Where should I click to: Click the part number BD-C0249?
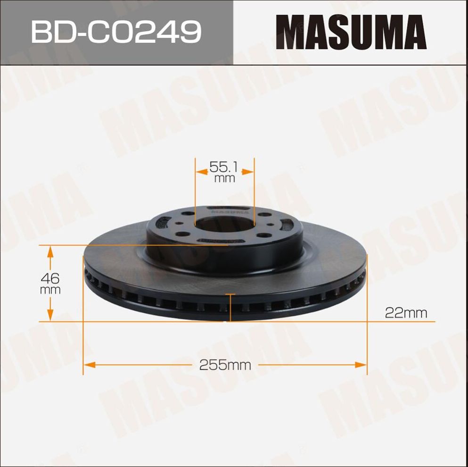click(x=116, y=32)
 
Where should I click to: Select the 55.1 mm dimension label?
click(x=224, y=171)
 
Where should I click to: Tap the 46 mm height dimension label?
click(x=50, y=283)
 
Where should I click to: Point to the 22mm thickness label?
click(x=406, y=312)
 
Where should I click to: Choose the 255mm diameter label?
click(x=225, y=365)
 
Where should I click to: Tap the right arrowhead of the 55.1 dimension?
click(x=248, y=172)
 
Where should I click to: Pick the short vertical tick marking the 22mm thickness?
click(x=230, y=307)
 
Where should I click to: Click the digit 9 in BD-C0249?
click(x=191, y=32)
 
